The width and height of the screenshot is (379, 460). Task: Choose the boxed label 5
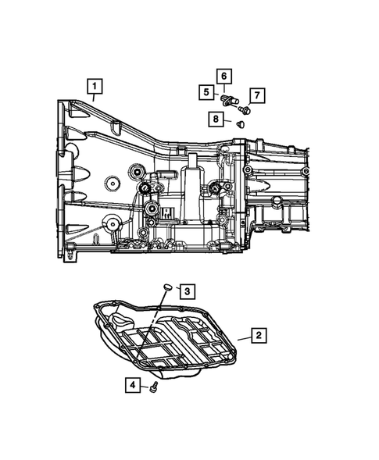(x=207, y=91)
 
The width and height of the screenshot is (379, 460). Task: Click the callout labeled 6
(x=223, y=76)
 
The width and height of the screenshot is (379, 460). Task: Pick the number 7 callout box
(x=256, y=96)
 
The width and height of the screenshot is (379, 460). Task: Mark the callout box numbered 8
(x=213, y=119)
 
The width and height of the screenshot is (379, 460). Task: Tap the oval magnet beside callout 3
(x=166, y=287)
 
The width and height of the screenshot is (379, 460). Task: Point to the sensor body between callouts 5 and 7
(x=231, y=100)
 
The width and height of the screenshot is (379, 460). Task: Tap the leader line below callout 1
(x=94, y=98)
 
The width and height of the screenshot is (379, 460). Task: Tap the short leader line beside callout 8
(x=227, y=119)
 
